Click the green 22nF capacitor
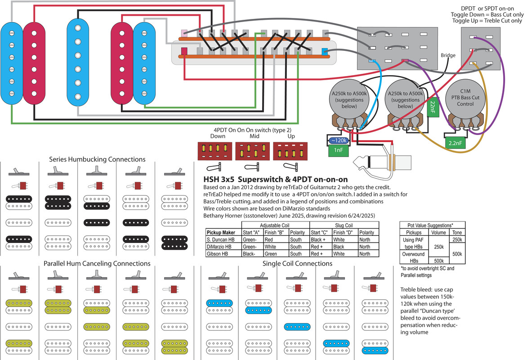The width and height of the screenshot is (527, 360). [x=433, y=107]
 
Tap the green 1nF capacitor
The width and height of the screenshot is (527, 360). [x=338, y=150]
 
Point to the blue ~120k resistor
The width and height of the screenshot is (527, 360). [x=338, y=140]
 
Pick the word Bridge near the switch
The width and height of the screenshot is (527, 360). [x=448, y=56]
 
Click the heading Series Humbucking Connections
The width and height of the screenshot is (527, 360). [x=97, y=159]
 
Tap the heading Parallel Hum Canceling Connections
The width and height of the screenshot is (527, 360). [x=97, y=263]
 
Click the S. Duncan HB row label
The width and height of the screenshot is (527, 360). [x=220, y=239]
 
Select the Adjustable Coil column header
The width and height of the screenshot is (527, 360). [x=278, y=225]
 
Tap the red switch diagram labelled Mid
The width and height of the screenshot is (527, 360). [x=251, y=151]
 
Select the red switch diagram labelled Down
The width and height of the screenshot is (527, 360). [x=214, y=151]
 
